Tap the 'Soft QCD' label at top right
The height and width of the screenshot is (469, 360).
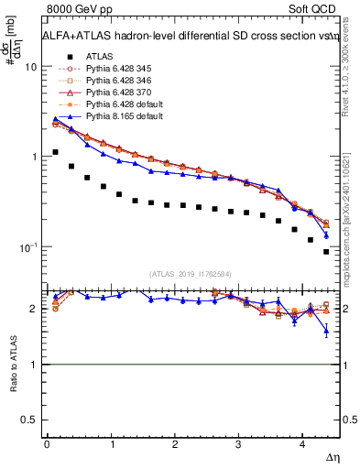click(x=308, y=8)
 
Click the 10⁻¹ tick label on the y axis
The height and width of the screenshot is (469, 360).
click(x=27, y=247)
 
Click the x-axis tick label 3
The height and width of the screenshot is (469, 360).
click(x=238, y=444)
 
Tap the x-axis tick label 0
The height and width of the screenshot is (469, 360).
click(x=47, y=444)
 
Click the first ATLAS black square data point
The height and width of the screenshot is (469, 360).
click(x=56, y=152)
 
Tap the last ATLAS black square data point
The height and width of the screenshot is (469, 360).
click(x=326, y=252)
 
